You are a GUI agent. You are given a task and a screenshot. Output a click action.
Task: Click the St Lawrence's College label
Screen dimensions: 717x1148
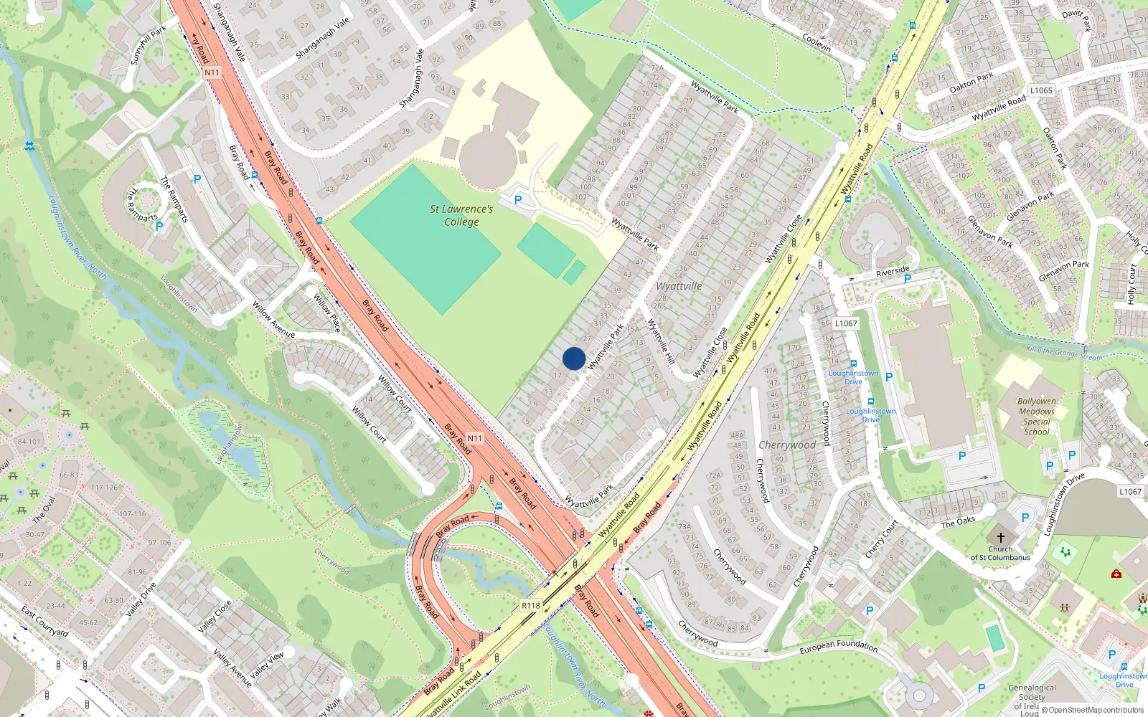[461, 215]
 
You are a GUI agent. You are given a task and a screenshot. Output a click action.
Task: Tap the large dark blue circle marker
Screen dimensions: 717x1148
[574, 358]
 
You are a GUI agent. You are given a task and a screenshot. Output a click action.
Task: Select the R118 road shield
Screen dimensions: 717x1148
[530, 606]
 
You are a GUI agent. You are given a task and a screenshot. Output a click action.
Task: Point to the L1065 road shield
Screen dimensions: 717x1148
[1041, 90]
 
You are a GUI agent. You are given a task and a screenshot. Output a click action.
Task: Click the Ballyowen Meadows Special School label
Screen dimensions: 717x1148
[1037, 417]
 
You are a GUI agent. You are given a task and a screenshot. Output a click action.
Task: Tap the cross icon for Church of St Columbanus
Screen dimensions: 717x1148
[1000, 537]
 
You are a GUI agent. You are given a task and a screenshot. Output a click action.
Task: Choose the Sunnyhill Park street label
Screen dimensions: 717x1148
[149, 45]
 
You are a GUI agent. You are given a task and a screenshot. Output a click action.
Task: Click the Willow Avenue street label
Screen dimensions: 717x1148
[273, 320]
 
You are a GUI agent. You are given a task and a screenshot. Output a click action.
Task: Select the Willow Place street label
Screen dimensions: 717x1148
[326, 312]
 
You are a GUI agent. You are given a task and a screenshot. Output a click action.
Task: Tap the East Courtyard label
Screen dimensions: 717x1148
[44, 622]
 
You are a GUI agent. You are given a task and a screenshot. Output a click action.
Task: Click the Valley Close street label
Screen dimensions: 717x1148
[215, 616]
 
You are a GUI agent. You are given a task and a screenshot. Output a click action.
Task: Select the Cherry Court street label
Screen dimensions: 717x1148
[881, 539]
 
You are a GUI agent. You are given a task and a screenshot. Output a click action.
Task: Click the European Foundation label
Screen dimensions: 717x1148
[838, 646]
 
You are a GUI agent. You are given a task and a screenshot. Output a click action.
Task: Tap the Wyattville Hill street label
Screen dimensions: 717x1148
[661, 342]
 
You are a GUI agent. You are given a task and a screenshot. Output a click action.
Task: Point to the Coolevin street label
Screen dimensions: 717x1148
[817, 43]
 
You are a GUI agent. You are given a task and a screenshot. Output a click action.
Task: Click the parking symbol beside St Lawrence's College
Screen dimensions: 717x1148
[517, 200]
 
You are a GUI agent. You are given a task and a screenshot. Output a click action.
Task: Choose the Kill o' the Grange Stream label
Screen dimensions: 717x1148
[1064, 353]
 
